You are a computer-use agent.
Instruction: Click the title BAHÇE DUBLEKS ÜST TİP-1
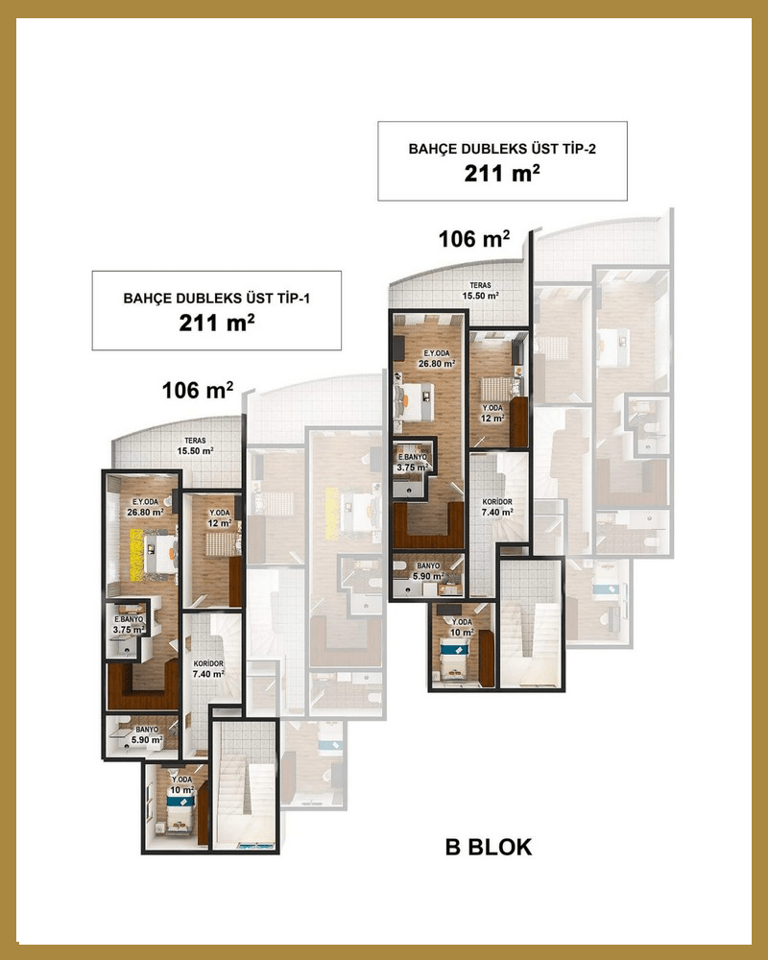coord(217,299)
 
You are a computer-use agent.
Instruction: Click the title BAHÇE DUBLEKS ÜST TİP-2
coord(502,149)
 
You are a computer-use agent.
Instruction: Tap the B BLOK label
coord(489,847)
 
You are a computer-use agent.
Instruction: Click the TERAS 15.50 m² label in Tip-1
coord(196,445)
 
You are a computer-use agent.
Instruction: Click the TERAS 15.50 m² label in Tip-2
coord(481,290)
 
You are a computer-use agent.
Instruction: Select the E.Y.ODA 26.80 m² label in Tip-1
coord(145,507)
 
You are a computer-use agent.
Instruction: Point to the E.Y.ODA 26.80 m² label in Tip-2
coord(437,358)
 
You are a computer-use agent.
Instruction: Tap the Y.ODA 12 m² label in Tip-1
coord(219,518)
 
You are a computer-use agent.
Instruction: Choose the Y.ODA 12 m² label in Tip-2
coord(492,413)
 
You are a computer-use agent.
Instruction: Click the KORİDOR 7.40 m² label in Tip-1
coord(208,668)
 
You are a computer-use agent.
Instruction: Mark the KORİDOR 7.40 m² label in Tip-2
coord(497,506)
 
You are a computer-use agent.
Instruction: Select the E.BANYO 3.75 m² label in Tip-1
coord(129,625)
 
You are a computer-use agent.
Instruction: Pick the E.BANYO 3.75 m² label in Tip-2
coord(413,463)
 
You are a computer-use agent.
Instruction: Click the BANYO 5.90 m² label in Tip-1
coord(147,734)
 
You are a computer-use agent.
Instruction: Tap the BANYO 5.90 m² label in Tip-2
coord(428,571)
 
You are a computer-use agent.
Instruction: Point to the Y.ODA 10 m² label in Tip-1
coord(181,785)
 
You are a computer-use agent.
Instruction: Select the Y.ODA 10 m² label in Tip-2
coord(462,627)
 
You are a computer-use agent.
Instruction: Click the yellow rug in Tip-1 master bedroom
coord(136,555)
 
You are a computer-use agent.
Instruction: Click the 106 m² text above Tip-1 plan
coord(197,390)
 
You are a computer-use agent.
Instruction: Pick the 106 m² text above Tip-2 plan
coord(474,238)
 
